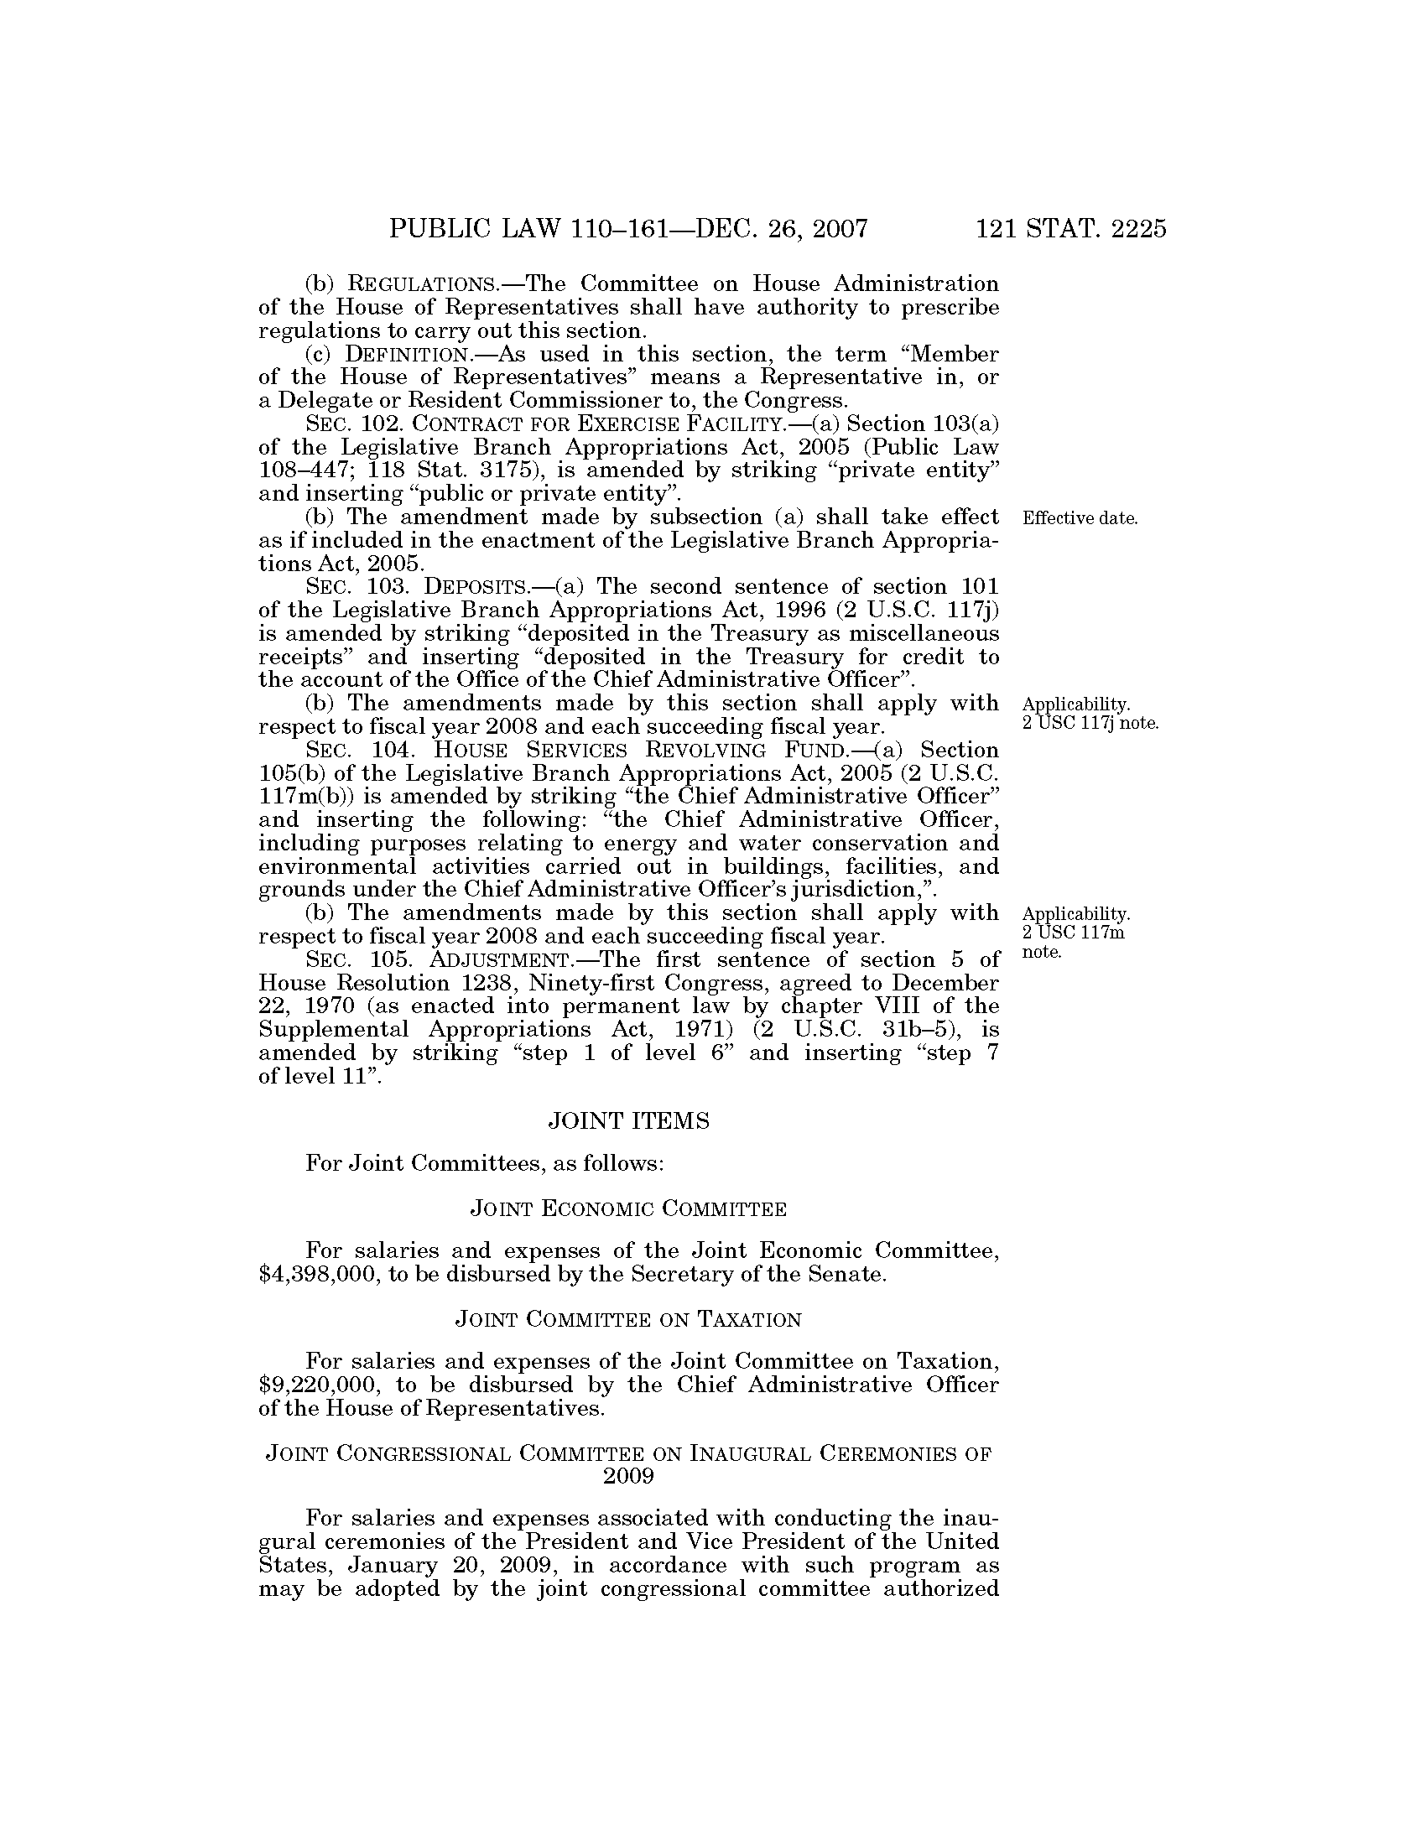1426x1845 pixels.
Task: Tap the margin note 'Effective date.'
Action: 1080,517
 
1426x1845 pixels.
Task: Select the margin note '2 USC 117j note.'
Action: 1090,724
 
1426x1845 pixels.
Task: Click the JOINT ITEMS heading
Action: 628,1121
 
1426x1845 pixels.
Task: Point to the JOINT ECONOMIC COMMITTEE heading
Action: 627,1209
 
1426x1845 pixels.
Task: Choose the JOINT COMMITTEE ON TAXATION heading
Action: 627,1319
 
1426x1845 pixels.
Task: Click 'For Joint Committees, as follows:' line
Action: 485,1164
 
